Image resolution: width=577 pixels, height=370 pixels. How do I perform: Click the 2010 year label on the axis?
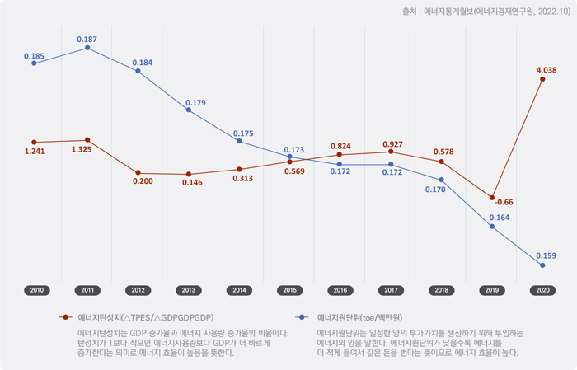point(36,290)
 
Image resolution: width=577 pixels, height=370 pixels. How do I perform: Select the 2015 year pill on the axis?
point(289,290)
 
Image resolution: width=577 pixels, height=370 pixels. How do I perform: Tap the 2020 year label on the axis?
point(542,290)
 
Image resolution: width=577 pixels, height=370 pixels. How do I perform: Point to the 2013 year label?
point(188,290)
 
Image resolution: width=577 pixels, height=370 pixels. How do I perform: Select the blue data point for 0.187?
point(87,49)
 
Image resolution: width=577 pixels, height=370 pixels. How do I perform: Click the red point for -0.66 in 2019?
point(492,198)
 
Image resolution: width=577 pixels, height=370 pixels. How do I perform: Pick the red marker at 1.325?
point(87,140)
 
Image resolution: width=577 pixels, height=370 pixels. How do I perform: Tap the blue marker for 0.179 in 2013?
point(188,110)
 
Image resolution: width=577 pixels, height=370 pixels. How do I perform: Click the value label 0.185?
point(34,56)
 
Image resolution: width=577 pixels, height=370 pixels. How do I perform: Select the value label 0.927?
point(392,144)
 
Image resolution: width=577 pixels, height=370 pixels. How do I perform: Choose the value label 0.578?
point(443,152)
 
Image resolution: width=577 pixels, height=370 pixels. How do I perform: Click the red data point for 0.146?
point(188,174)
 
